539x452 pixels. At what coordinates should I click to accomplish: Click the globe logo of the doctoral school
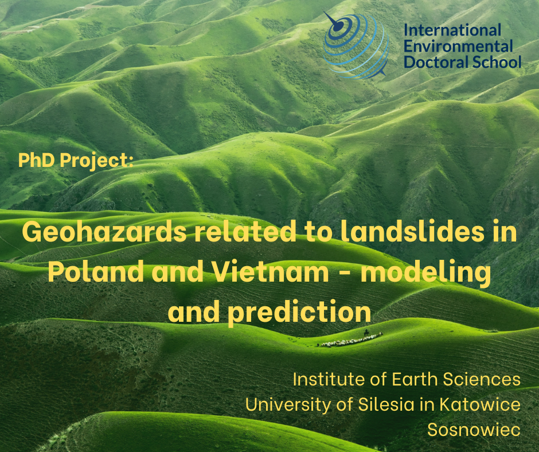[356, 45]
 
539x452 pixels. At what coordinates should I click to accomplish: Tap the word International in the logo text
[452, 30]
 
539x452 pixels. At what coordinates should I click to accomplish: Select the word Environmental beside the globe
[458, 46]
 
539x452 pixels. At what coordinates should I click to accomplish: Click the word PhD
[36, 160]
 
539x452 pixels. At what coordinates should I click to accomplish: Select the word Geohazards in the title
[105, 231]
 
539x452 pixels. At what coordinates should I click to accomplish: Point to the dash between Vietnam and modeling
[345, 272]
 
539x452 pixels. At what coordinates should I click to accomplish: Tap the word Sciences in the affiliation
[482, 379]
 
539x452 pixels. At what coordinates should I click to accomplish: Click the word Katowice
[480, 404]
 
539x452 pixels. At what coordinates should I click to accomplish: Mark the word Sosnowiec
[474, 430]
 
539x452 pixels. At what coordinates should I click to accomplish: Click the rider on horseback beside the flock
[366, 332]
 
